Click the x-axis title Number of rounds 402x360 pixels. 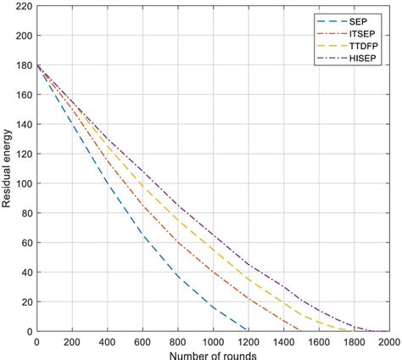click(x=212, y=354)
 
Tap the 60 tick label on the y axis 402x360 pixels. click(x=23, y=243)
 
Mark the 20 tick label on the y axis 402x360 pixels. click(x=23, y=301)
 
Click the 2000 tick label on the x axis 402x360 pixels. click(x=388, y=341)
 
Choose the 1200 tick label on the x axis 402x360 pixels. click(x=248, y=341)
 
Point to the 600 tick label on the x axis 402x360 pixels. click(x=142, y=341)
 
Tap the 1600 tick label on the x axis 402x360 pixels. click(x=318, y=341)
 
